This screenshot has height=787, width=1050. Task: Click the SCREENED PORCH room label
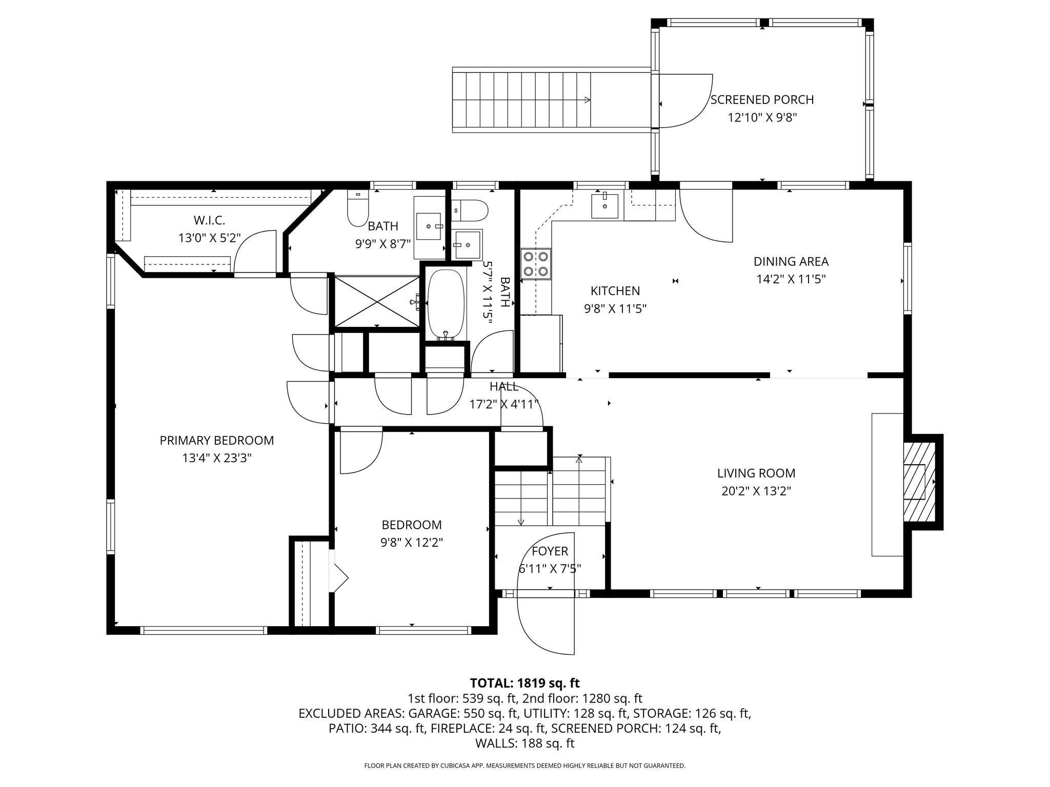(x=762, y=99)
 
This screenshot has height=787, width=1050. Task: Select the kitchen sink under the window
(x=604, y=206)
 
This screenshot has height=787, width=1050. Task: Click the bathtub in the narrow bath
(x=446, y=304)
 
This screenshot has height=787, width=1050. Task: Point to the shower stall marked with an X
(x=376, y=301)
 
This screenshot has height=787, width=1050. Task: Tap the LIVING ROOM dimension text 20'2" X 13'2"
(x=756, y=491)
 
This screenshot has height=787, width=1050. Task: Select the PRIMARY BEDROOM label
(x=216, y=440)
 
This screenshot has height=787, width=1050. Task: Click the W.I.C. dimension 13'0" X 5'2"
(x=209, y=238)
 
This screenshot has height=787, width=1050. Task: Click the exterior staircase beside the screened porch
(x=523, y=100)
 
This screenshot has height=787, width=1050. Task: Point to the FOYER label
(x=550, y=551)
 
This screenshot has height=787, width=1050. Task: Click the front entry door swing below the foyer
(x=546, y=623)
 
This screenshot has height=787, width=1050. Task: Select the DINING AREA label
(x=791, y=261)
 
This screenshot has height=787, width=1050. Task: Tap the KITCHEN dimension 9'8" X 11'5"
(x=615, y=308)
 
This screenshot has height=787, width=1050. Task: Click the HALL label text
(x=503, y=386)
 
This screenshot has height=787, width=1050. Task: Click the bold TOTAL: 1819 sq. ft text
(x=524, y=683)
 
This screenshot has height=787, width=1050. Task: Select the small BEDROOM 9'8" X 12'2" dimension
(x=412, y=542)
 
